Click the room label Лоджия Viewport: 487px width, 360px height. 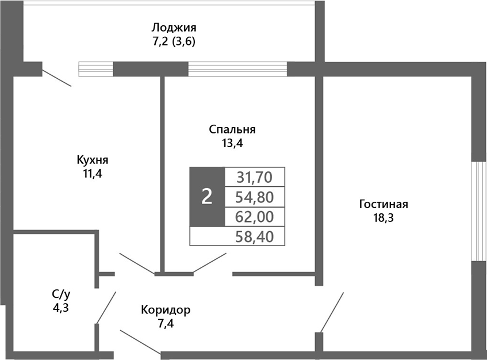pyautogui.click(x=174, y=28)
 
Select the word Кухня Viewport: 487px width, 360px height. pyautogui.click(x=93, y=159)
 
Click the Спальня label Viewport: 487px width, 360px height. pyautogui.click(x=232, y=130)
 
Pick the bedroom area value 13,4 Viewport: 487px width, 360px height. pyautogui.click(x=232, y=143)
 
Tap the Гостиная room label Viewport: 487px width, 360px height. pyautogui.click(x=384, y=205)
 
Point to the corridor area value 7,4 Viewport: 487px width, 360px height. pyautogui.click(x=166, y=324)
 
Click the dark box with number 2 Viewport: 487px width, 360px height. pyautogui.click(x=206, y=197)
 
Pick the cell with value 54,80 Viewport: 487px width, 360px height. pyautogui.click(x=254, y=197)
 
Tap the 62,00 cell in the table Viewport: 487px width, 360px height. pyautogui.click(x=254, y=217)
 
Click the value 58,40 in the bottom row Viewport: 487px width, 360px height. pyautogui.click(x=254, y=236)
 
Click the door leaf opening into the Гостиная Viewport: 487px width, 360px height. pyautogui.click(x=332, y=312)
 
